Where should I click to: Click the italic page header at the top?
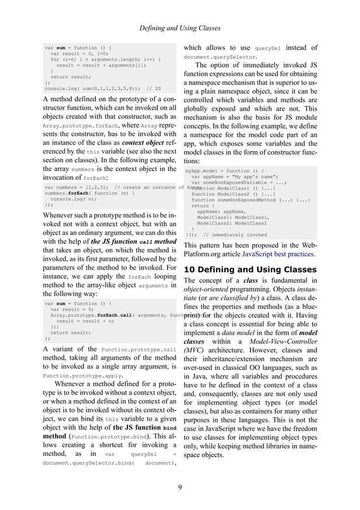coord(180,28)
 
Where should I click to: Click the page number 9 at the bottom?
coord(179,489)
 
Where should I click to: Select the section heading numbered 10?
coord(251,269)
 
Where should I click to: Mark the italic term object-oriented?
coord(209,291)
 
